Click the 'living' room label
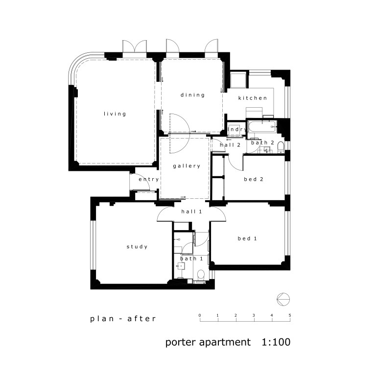coord(115,114)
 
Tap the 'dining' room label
coord(192,95)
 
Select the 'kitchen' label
coord(253,98)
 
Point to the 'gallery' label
coord(187,166)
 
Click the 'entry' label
coord(148,180)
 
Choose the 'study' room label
coord(137,247)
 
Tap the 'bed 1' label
coord(247,239)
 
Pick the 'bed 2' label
coord(254,179)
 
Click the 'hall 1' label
coord(191,211)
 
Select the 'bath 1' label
coord(192,258)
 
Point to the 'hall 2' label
coord(230,145)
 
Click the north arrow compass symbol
coord(282,298)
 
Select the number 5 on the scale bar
coord(290,315)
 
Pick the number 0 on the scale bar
coord(200,315)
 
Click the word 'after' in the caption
coord(141,319)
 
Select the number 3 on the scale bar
coord(254,315)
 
